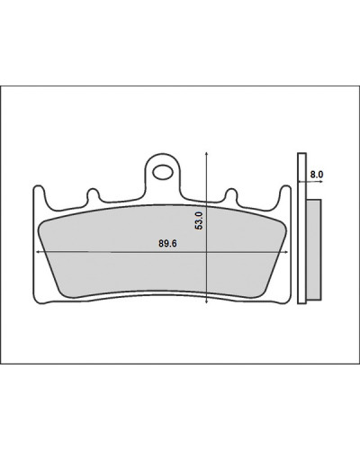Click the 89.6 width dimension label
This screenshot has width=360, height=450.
[167, 244]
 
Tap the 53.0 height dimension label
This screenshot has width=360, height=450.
[199, 220]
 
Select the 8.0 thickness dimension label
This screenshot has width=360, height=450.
[317, 175]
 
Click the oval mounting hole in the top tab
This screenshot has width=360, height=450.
[162, 172]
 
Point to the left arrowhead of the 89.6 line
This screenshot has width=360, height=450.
[38, 252]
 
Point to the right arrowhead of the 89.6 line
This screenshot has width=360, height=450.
[286, 252]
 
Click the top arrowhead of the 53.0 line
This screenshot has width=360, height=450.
[206, 154]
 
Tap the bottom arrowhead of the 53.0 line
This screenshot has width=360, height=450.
[206, 301]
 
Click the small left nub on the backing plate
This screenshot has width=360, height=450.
[93, 194]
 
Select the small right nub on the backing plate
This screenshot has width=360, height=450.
[231, 194]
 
